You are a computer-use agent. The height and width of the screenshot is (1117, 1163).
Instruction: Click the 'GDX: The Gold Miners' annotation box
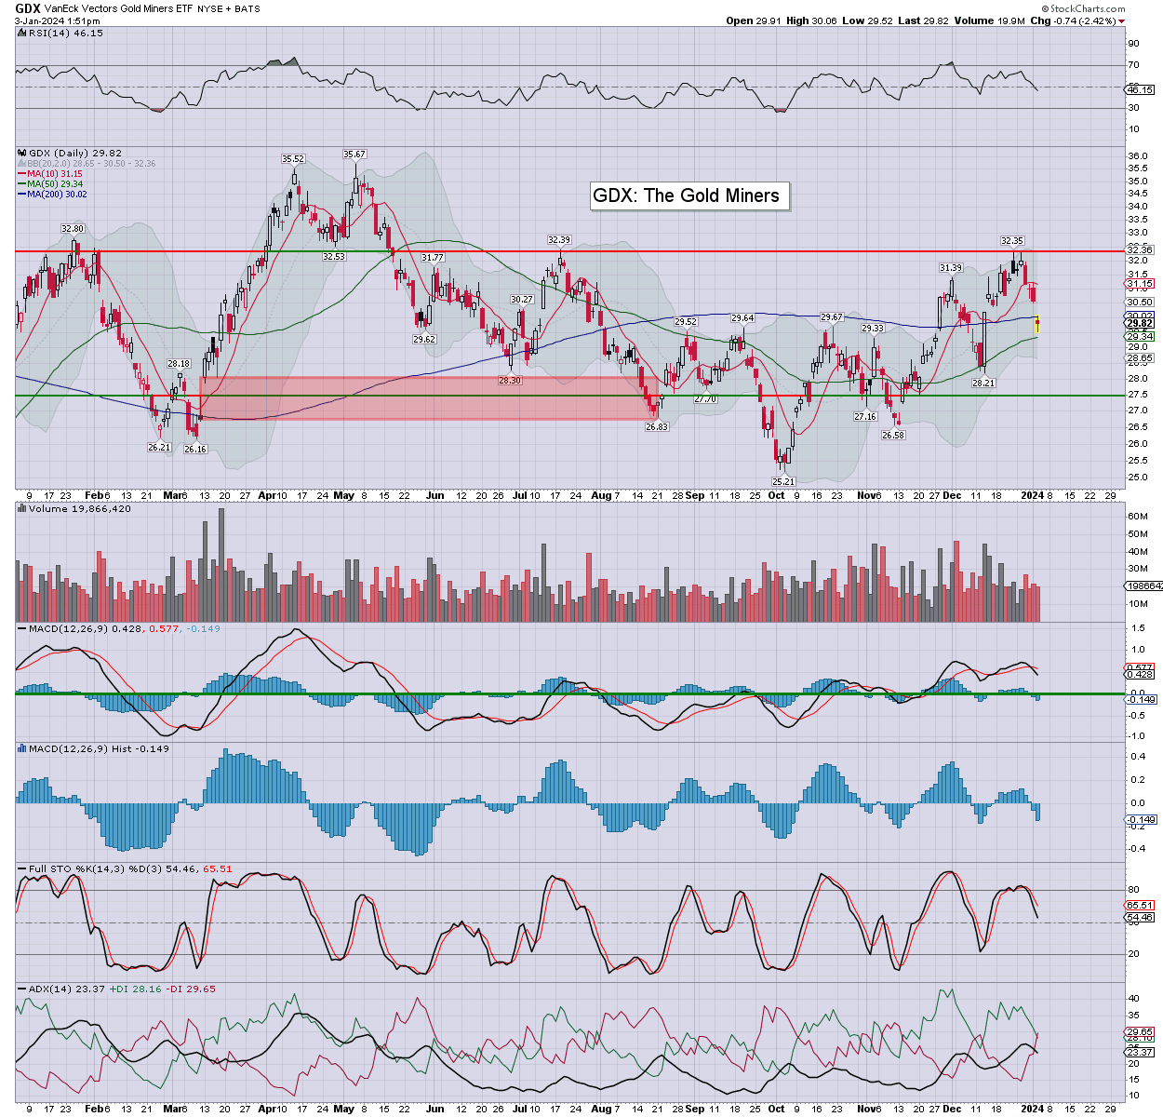point(687,195)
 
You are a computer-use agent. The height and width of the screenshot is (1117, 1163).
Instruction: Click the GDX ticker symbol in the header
point(28,8)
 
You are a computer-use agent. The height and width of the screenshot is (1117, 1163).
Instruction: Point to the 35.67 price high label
point(354,155)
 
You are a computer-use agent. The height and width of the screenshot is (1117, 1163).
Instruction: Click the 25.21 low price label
point(783,481)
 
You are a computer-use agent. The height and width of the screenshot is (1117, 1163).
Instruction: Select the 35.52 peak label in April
point(294,159)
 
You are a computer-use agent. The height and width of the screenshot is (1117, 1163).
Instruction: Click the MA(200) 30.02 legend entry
point(57,194)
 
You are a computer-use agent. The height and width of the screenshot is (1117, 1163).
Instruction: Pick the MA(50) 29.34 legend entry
point(55,183)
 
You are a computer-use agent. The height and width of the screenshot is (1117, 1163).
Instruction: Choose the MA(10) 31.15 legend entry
point(55,174)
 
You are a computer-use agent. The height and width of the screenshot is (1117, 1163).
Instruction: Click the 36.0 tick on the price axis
point(1137,156)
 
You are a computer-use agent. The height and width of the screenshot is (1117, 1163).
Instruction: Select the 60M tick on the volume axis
point(1137,516)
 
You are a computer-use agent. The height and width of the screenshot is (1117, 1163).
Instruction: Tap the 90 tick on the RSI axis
point(1133,44)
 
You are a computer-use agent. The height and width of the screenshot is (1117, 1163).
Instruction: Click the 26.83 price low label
point(657,426)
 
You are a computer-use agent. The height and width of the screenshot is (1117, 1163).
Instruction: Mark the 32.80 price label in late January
point(72,229)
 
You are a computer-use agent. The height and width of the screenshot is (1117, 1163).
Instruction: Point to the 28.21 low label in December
point(983,383)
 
